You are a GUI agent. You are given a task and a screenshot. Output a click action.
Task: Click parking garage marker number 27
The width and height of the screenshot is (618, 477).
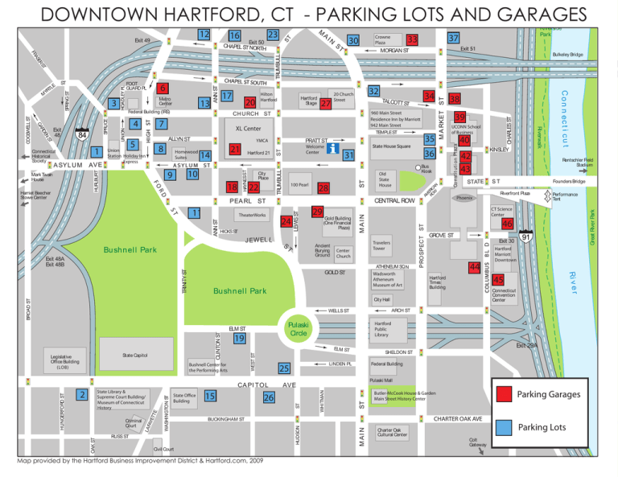click(325, 104)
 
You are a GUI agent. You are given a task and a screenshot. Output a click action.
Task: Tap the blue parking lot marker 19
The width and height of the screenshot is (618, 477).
click(239, 339)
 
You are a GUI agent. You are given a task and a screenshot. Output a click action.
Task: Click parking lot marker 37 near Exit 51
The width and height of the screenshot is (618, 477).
click(454, 39)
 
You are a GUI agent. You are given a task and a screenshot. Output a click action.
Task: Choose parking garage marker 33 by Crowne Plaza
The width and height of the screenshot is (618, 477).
click(411, 39)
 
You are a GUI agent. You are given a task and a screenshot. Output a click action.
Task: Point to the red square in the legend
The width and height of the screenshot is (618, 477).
click(504, 394)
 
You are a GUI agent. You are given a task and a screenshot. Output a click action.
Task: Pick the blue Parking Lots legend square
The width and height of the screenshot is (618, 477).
click(504, 426)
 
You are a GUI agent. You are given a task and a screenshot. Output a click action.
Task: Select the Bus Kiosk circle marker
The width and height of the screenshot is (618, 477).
click(418, 167)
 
